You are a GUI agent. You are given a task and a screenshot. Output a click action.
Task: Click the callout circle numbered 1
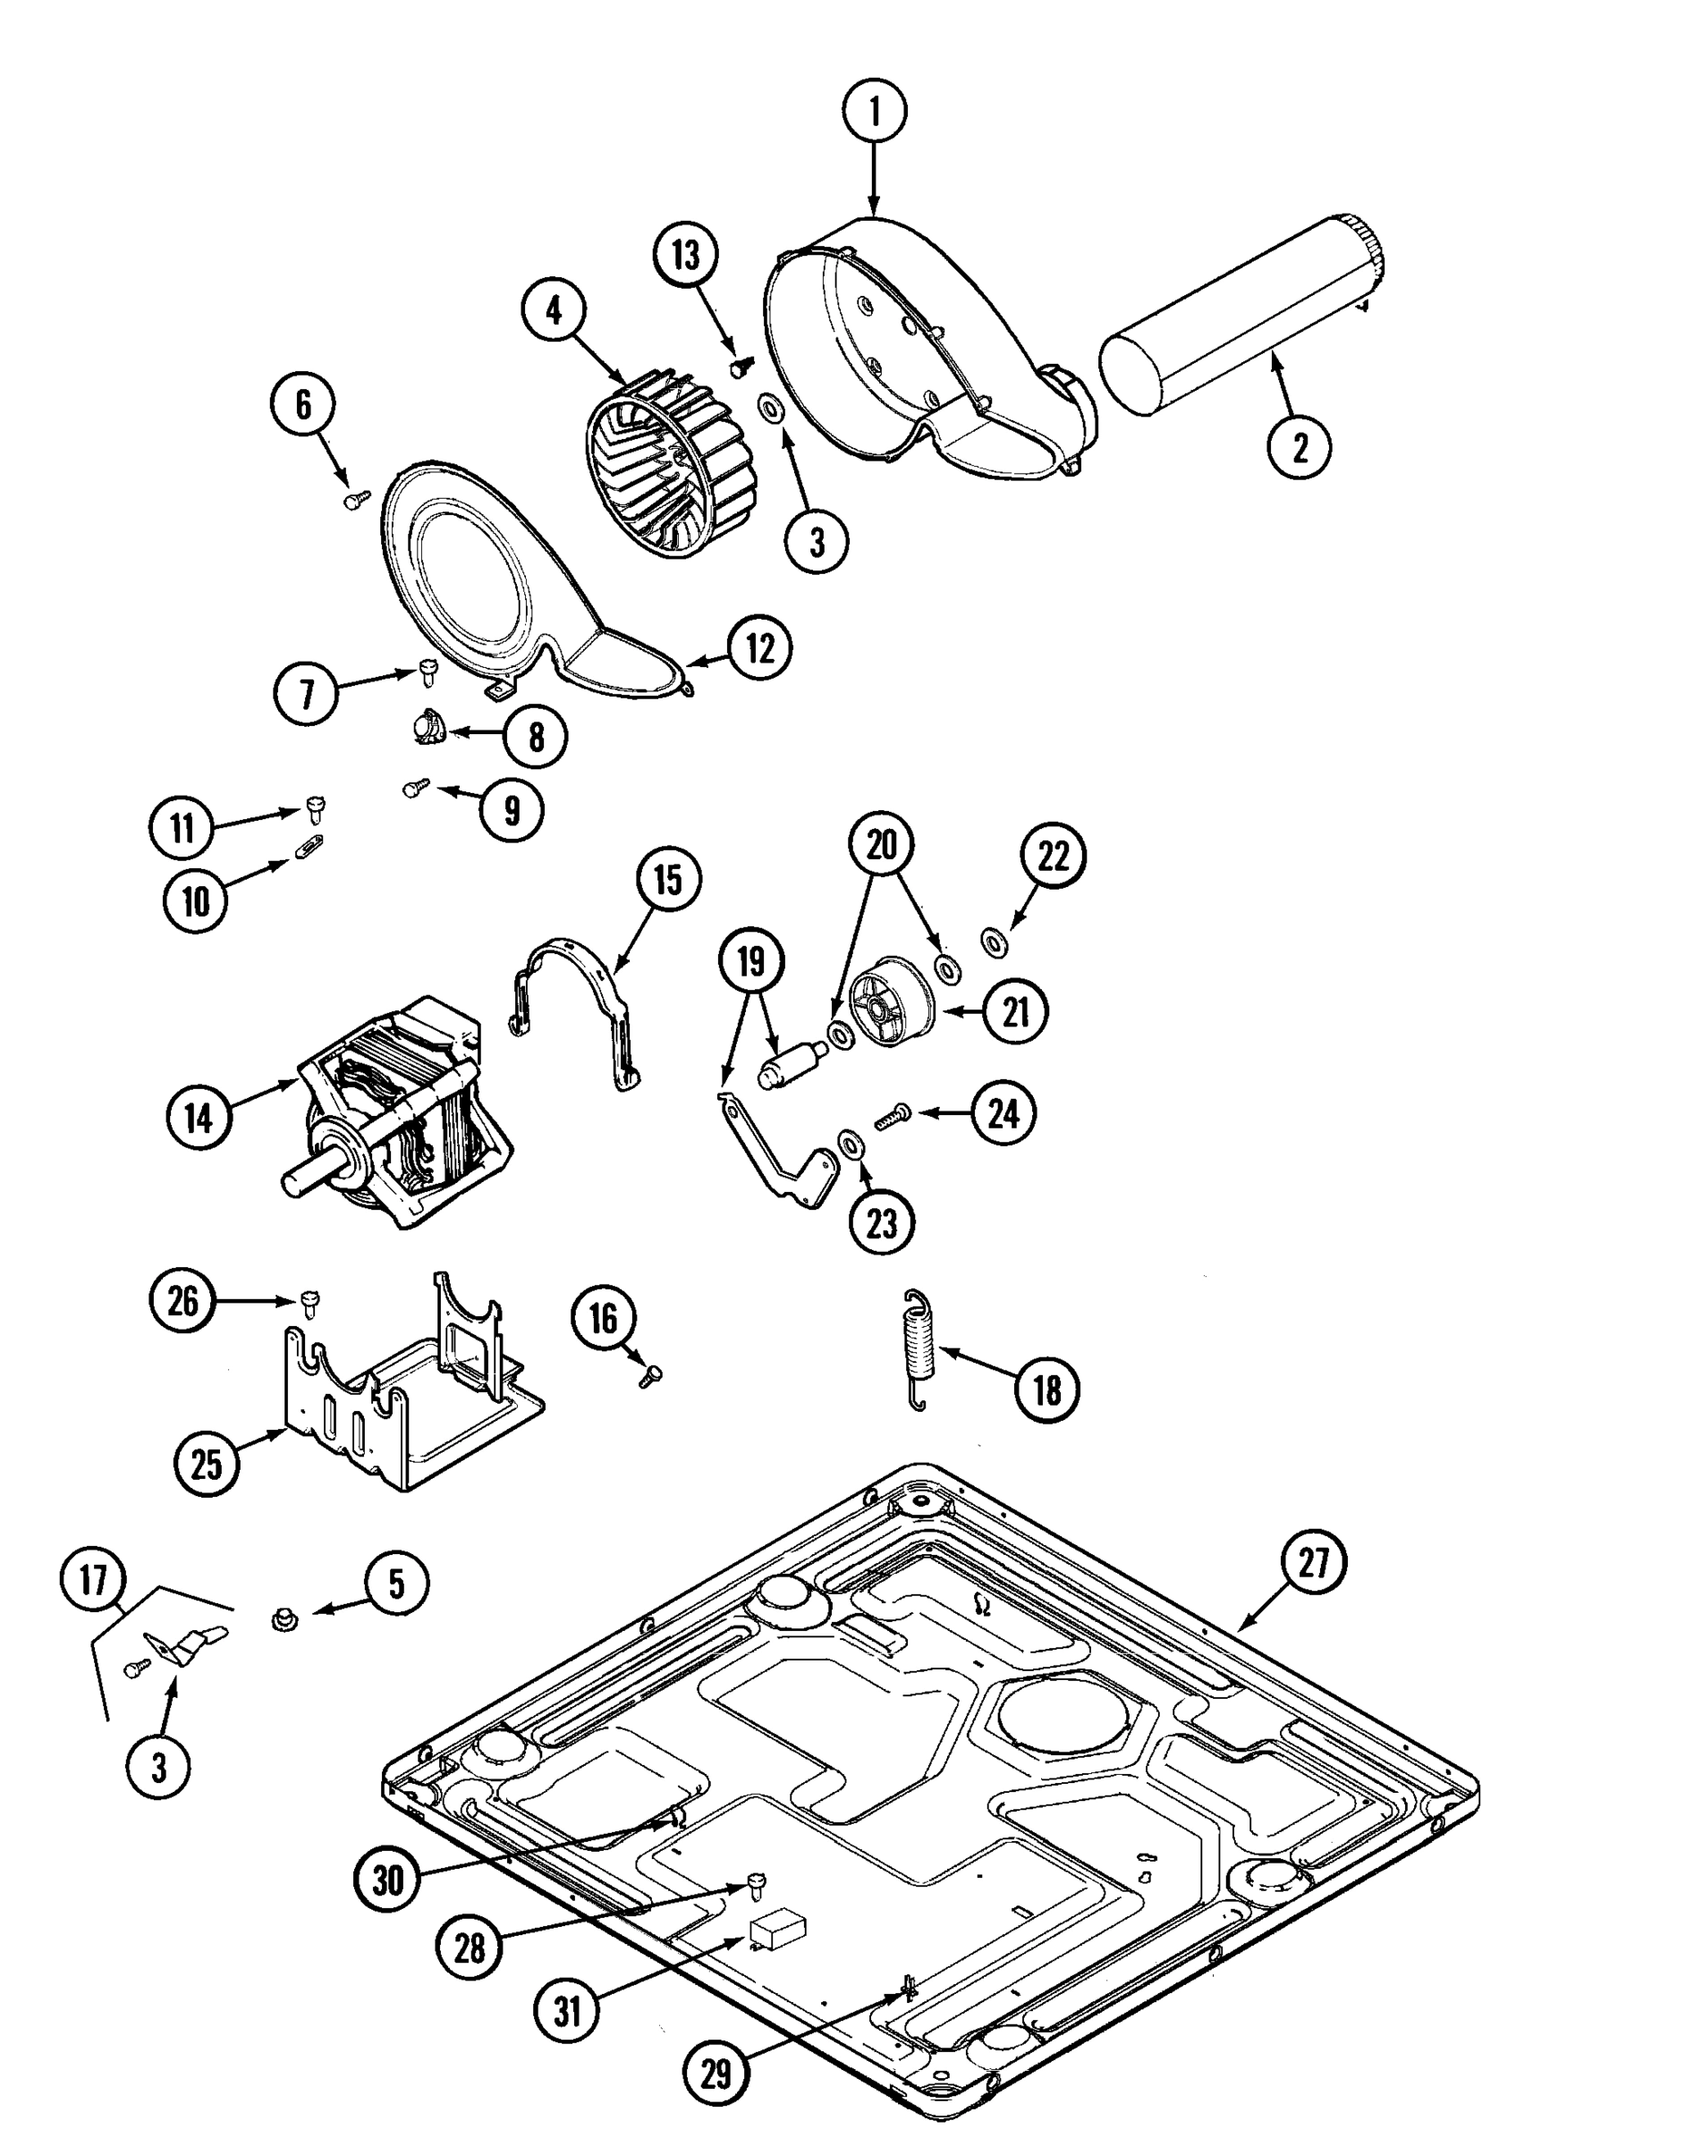tap(874, 112)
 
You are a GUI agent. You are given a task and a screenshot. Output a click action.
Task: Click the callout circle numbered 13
tap(686, 256)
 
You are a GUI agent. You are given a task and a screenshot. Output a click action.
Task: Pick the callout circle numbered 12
tap(759, 648)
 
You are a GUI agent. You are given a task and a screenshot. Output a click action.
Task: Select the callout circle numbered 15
tap(668, 880)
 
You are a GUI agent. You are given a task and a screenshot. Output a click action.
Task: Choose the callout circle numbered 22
tap(1053, 856)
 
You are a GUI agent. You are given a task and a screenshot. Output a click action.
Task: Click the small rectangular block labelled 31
tap(779, 1931)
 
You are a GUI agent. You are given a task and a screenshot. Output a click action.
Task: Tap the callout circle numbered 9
tap(512, 810)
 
